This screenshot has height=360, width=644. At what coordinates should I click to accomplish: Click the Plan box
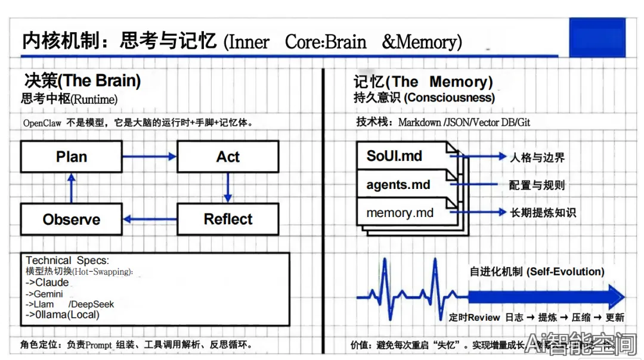(71, 157)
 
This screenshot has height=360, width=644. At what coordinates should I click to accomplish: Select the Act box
(228, 157)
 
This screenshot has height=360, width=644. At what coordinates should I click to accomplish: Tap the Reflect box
(228, 219)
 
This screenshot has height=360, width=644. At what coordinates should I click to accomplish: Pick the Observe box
(71, 219)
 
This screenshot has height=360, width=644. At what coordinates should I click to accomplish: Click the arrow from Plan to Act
(150, 157)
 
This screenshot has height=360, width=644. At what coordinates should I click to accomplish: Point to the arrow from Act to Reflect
(227, 188)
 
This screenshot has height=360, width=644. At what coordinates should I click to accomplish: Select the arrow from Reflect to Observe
(150, 219)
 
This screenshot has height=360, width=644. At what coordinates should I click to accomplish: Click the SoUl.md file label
(394, 156)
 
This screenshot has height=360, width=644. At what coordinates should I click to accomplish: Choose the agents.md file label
(398, 185)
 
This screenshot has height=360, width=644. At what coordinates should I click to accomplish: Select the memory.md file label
(400, 213)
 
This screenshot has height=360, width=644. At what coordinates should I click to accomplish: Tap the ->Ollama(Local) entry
(62, 315)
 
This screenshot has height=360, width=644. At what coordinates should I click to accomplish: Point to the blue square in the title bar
(597, 37)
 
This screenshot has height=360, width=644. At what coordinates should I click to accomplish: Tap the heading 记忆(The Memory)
(423, 82)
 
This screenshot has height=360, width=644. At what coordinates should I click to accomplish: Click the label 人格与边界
(537, 157)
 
